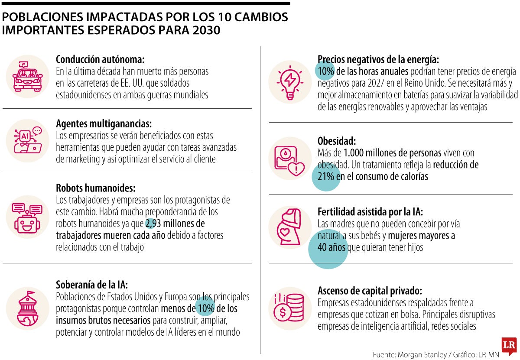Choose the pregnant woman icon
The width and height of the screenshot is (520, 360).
click(x=289, y=228)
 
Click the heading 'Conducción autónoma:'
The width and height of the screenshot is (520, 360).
click(x=100, y=59)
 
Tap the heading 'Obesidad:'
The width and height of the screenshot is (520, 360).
click(x=337, y=141)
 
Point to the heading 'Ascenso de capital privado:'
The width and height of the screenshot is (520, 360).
click(x=370, y=290)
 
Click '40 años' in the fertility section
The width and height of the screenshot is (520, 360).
click(x=331, y=248)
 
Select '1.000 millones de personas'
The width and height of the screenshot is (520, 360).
click(x=392, y=153)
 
